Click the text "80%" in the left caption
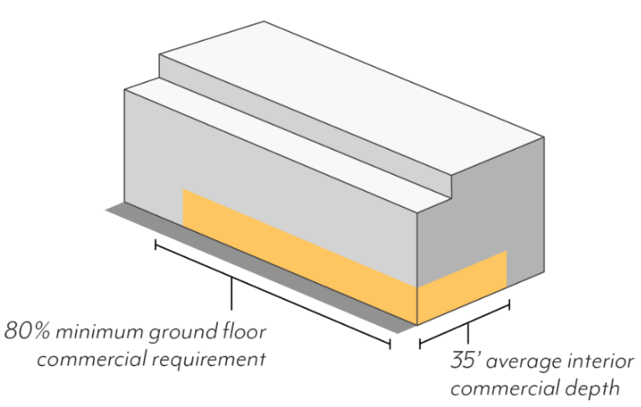tap(25, 332)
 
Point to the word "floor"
tap(244, 332)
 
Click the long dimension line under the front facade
tap(272, 293)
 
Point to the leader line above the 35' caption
tap(468, 333)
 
